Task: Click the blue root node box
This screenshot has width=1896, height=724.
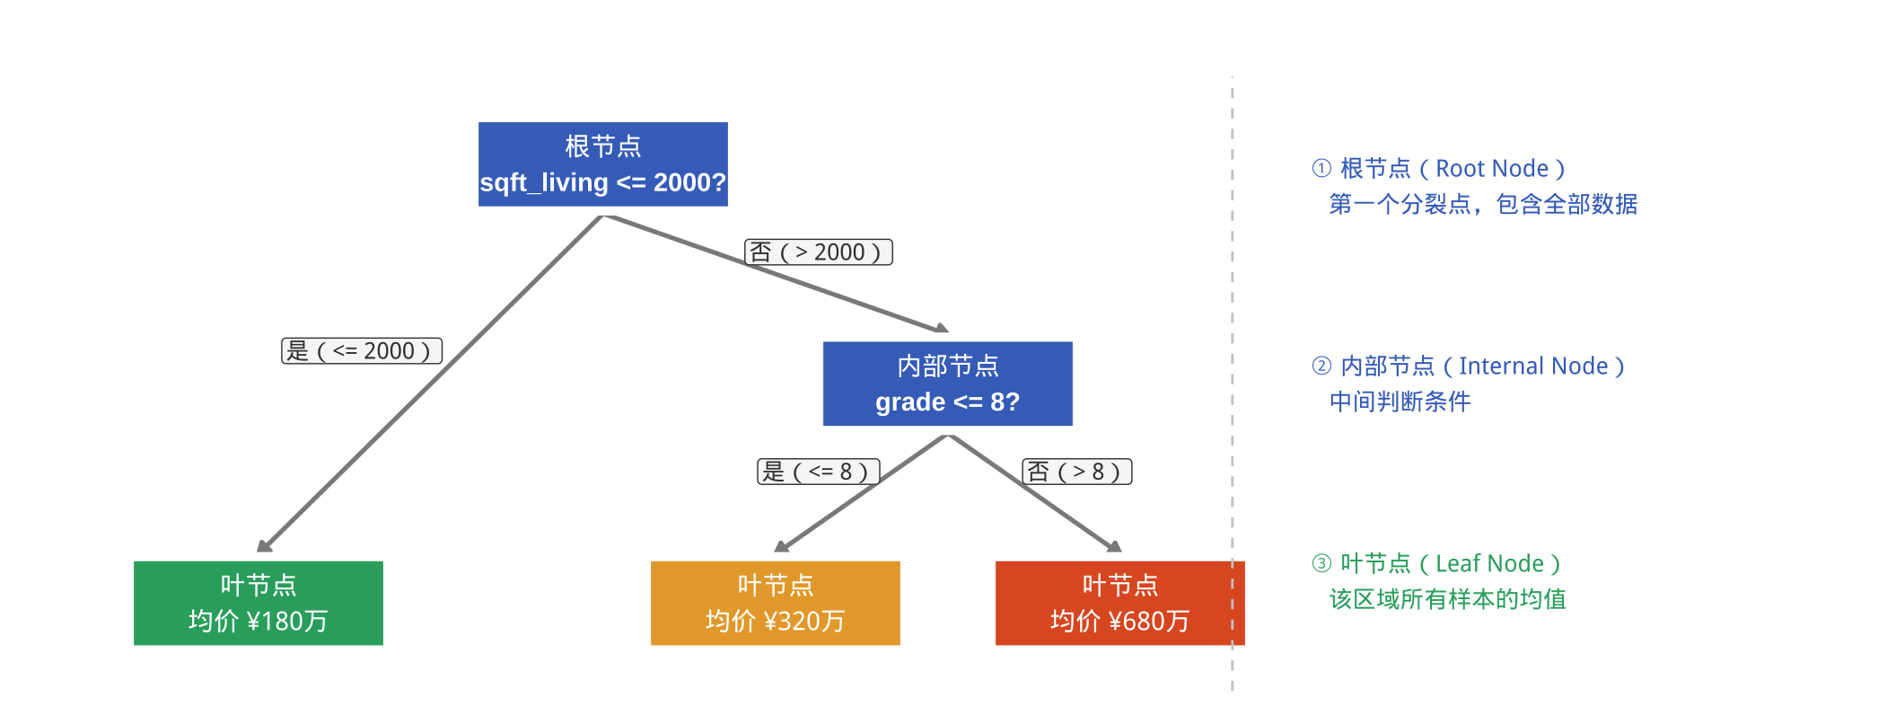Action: point(602,164)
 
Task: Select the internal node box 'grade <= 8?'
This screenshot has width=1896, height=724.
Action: point(947,384)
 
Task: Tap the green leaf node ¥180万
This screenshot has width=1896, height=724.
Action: point(258,603)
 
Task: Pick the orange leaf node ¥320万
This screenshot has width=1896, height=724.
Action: point(775,603)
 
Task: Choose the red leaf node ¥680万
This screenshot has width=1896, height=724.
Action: point(1119,603)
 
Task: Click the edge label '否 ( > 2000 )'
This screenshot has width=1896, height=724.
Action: point(818,252)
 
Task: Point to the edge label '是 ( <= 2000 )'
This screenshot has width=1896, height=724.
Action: point(362,350)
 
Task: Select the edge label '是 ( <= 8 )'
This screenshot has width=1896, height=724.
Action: point(818,472)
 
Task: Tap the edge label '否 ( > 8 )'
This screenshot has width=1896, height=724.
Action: point(1076,472)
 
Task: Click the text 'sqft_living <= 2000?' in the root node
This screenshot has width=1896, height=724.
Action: point(602,182)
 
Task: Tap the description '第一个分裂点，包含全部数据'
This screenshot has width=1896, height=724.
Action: point(1483,205)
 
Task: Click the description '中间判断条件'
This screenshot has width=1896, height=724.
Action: point(1400,402)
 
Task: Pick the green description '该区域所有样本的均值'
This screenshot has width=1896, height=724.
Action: point(1447,599)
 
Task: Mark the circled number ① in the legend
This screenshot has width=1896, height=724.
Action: point(1321,168)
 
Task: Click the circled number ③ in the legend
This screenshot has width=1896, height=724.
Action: point(1321,563)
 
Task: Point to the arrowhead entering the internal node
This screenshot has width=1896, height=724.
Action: point(942,329)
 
